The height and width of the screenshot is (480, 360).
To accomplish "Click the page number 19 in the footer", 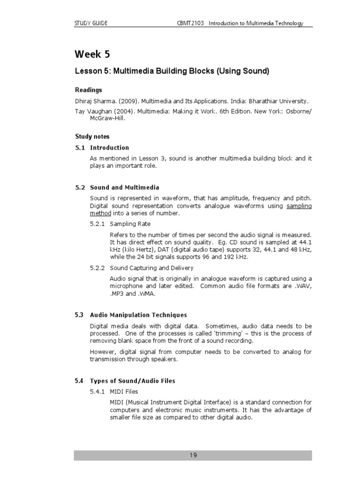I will coord(194,455).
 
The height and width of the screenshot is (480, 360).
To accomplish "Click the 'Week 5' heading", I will coord(92,54).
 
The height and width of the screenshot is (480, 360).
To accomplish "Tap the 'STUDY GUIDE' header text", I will coord(91,23).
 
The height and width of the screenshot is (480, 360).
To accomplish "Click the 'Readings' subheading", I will coord(89,90).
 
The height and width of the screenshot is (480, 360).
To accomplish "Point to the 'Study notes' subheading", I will coord(92,136).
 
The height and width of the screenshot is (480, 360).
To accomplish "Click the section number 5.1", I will coord(80,148).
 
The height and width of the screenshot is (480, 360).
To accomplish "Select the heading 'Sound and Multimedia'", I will coord(124,187).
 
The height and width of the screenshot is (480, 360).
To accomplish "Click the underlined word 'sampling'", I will coord(299,206).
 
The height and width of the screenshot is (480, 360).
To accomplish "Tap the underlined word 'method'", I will coord(100,213).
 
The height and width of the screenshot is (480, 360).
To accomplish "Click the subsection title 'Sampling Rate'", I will coord(130,224).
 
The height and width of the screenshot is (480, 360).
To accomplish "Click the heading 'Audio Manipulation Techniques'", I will coord(138,315).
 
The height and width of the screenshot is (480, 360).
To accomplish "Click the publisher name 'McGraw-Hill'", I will coord(107,119).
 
